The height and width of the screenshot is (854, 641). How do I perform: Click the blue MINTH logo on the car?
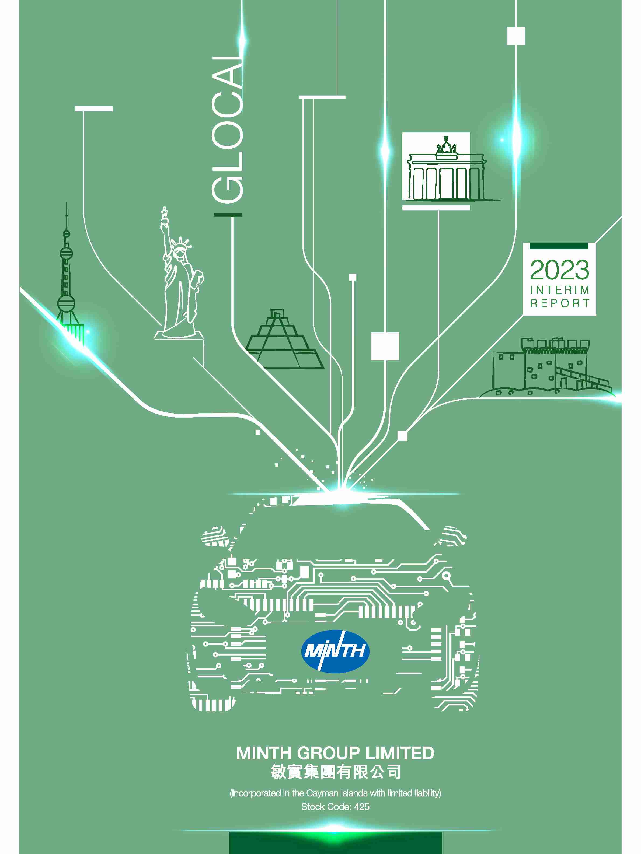pos(335,651)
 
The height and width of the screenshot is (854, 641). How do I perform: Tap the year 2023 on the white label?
pos(559,270)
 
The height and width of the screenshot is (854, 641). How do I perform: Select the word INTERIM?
pos(559,290)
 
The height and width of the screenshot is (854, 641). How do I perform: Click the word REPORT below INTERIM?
pos(559,303)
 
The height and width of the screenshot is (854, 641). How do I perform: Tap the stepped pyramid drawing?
pos(285,339)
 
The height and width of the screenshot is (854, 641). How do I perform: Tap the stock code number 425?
pos(361,807)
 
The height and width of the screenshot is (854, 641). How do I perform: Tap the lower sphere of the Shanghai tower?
pos(66,303)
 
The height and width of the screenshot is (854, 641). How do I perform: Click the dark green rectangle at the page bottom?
pos(335,842)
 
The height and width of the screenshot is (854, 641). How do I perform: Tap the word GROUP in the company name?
pos(328,753)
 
